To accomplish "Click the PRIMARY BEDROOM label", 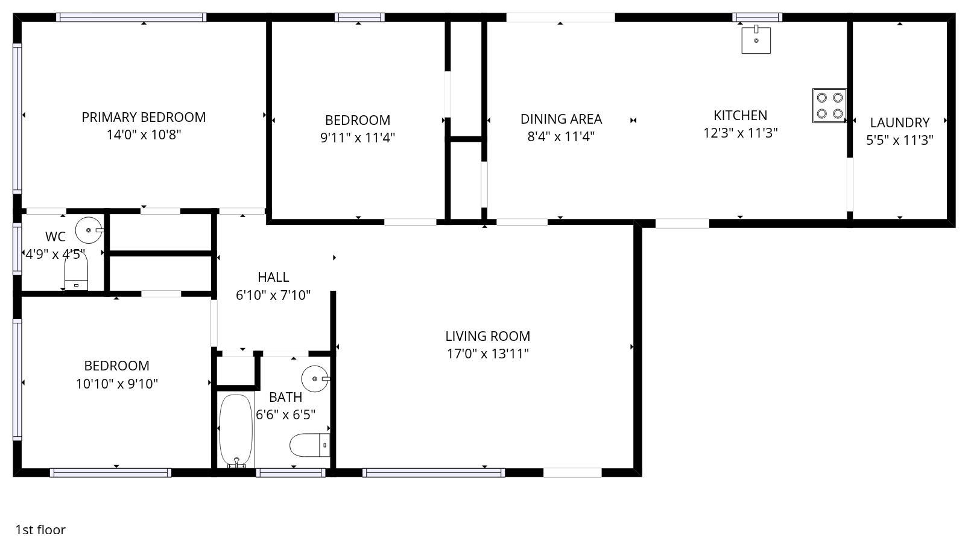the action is [144, 117].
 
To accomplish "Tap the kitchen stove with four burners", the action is [829, 106].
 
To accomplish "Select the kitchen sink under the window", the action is [756, 40].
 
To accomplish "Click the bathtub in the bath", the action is [236, 431].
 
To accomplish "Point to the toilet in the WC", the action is [76, 271].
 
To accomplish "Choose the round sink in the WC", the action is [89, 230].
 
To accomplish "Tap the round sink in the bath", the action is [315, 379].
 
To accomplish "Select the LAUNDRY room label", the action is [900, 122].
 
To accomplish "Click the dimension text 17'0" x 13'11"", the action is [487, 354].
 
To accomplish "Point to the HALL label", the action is [273, 277].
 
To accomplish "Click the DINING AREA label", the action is [561, 119].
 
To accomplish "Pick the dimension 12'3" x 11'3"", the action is [740, 133].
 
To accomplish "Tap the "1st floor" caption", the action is [40, 530].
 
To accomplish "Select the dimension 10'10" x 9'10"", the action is [116, 384].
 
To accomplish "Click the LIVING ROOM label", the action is [487, 336].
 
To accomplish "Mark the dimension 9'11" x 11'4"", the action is [358, 138].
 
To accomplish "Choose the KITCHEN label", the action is [740, 115].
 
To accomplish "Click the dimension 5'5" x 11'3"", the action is [900, 141].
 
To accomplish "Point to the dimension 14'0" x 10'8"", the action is [144, 135].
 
